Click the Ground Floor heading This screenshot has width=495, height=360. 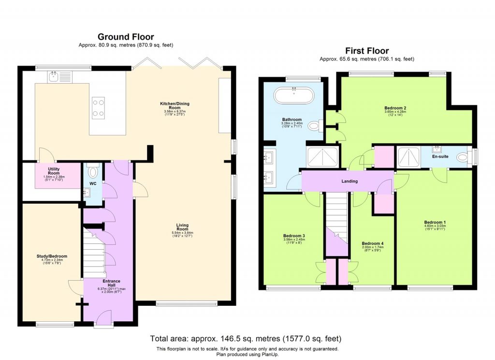pos(126,37)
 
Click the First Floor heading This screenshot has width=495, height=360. pos(366,51)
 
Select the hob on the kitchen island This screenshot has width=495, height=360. pos(99,108)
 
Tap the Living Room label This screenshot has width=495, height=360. pos(182,225)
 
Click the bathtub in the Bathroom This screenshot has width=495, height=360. pos(293,95)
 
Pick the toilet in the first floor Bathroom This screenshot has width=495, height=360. pos(316,126)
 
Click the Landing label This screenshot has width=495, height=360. pos(349,181)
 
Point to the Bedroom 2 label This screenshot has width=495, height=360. pos(394,108)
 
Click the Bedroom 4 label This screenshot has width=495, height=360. pos(372,243)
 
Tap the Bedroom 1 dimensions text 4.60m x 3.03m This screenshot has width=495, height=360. pos(435,226)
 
